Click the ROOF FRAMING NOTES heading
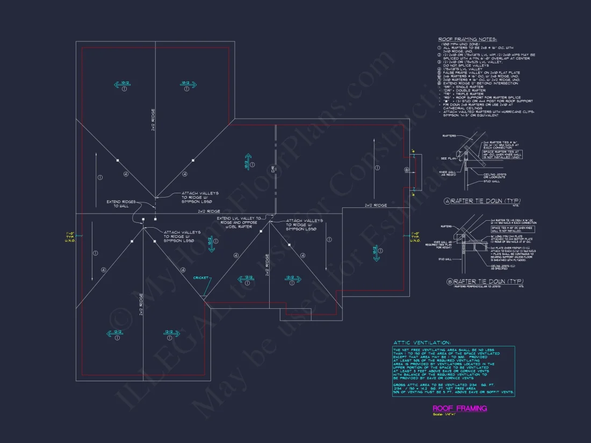(467, 39)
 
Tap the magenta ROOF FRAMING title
(460, 408)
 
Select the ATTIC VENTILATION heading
(422, 342)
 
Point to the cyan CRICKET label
(201, 278)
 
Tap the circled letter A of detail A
(447, 201)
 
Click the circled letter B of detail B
(450, 281)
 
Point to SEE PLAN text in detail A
(448, 158)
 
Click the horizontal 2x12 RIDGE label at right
(376, 206)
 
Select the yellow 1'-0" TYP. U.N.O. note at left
(70, 236)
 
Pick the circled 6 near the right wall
(407, 170)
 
